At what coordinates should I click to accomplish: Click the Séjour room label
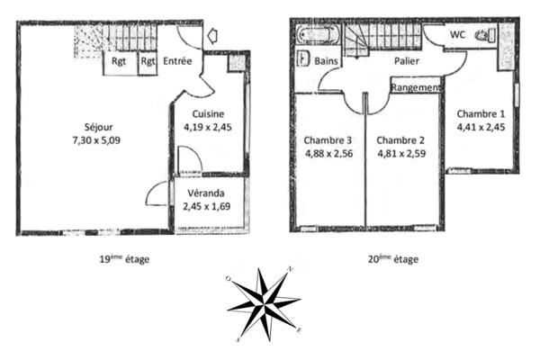[x=98, y=127]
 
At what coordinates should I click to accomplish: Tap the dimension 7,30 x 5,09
[x=98, y=140]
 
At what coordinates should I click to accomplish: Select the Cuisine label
[x=208, y=114]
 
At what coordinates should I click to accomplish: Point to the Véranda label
[x=207, y=194]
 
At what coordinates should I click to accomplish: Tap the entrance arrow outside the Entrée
[x=212, y=36]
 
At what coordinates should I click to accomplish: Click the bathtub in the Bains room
[x=318, y=37]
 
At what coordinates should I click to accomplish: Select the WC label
[x=457, y=35]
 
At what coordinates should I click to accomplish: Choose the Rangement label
[x=416, y=88]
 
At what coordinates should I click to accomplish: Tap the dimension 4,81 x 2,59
[x=400, y=154]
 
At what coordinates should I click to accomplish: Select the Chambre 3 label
[x=327, y=140]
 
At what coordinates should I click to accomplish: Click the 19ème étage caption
[x=124, y=259]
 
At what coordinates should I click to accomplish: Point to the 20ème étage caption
[x=393, y=259]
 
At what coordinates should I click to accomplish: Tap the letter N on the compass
[x=289, y=269]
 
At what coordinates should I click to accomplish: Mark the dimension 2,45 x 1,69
[x=207, y=208]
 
